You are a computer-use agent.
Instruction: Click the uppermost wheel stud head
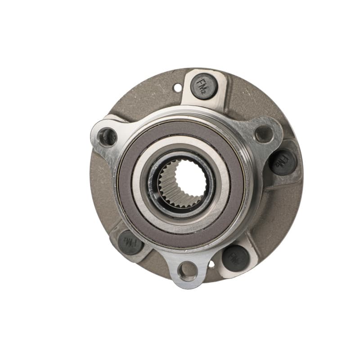coord(204,86)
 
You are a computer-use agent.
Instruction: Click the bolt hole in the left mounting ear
coord(108,137)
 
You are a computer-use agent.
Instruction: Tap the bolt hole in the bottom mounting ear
coord(187,271)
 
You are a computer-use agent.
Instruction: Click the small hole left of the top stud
coord(178,88)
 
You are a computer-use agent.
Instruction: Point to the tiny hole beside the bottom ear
coord(211,264)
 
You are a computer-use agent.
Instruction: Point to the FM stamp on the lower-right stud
coord(234,257)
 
